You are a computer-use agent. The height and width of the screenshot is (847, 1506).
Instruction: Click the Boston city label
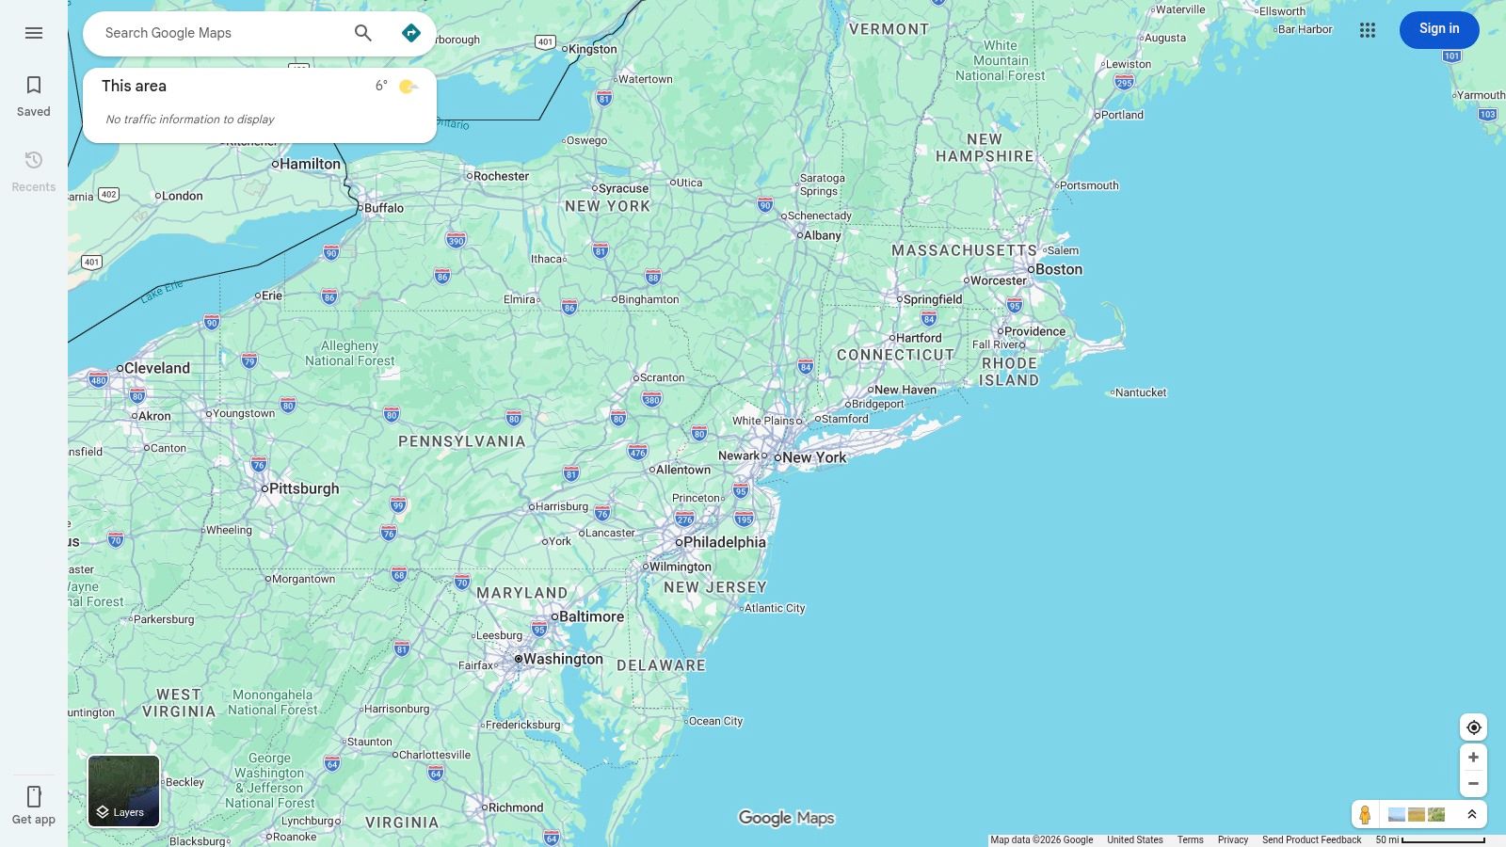[x=1058, y=269]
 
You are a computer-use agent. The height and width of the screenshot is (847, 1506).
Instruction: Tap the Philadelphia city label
[x=723, y=542]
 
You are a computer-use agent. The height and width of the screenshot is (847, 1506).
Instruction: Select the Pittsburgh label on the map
[x=303, y=488]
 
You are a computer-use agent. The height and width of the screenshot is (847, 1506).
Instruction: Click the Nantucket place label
[x=1140, y=392]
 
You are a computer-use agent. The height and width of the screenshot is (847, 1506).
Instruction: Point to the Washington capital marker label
[x=562, y=659]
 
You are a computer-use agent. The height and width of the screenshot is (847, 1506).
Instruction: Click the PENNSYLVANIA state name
[x=461, y=441]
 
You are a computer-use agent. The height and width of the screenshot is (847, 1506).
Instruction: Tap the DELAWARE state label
[x=661, y=665]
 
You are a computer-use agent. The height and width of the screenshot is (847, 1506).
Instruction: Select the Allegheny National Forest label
[x=349, y=353]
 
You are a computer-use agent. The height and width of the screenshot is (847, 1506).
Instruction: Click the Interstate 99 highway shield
[x=398, y=505]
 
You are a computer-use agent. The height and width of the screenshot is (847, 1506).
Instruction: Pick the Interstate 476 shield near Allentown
[x=637, y=452]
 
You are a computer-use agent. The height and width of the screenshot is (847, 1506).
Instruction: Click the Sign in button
[x=1438, y=29]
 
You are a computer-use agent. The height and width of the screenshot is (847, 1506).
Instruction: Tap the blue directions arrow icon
[x=411, y=33]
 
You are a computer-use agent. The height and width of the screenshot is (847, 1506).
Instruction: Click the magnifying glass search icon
[x=363, y=33]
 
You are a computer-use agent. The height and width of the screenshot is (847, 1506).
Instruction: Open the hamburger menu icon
[x=34, y=33]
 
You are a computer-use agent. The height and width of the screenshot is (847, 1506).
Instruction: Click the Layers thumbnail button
[x=124, y=791]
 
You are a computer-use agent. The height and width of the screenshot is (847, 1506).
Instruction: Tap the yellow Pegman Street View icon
[x=1365, y=814]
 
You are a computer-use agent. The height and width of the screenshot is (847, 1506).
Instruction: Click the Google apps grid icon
[x=1368, y=30]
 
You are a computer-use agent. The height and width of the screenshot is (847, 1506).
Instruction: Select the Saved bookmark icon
[x=34, y=86]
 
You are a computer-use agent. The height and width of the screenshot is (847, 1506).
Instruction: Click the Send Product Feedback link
[x=1311, y=839]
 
